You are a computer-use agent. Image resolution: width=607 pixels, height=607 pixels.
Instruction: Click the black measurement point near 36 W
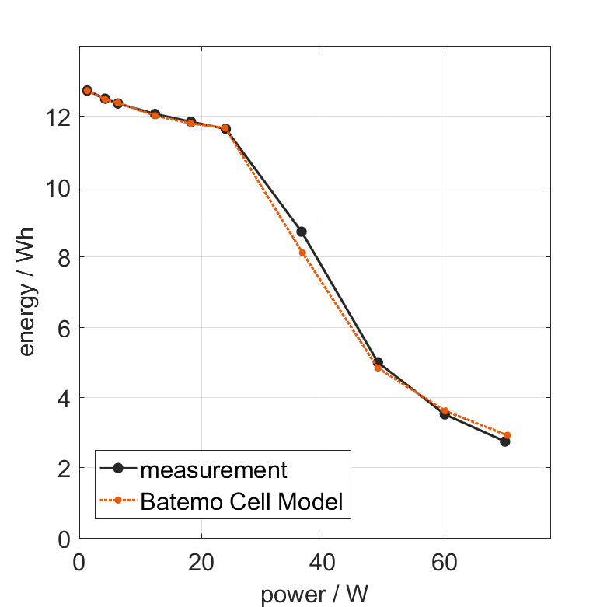coord(302,232)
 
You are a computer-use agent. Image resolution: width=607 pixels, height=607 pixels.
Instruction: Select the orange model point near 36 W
coord(302,253)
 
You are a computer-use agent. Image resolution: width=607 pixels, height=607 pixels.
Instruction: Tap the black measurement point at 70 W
coord(505,441)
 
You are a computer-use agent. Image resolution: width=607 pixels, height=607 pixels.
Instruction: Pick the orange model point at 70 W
coord(508,435)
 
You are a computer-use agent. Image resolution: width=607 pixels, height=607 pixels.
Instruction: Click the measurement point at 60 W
coord(445,414)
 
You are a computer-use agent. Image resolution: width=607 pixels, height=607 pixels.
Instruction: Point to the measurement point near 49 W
coord(378,362)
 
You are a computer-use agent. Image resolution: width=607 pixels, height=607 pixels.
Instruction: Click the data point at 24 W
coord(225,128)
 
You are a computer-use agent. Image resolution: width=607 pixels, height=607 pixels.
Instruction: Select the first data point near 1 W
coord(87,91)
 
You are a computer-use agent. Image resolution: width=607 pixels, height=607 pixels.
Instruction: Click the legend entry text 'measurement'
coord(214,469)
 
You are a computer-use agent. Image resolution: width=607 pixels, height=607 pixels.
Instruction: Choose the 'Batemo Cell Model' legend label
coord(242,501)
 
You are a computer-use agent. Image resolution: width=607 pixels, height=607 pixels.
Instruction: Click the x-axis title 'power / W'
coord(315,595)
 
